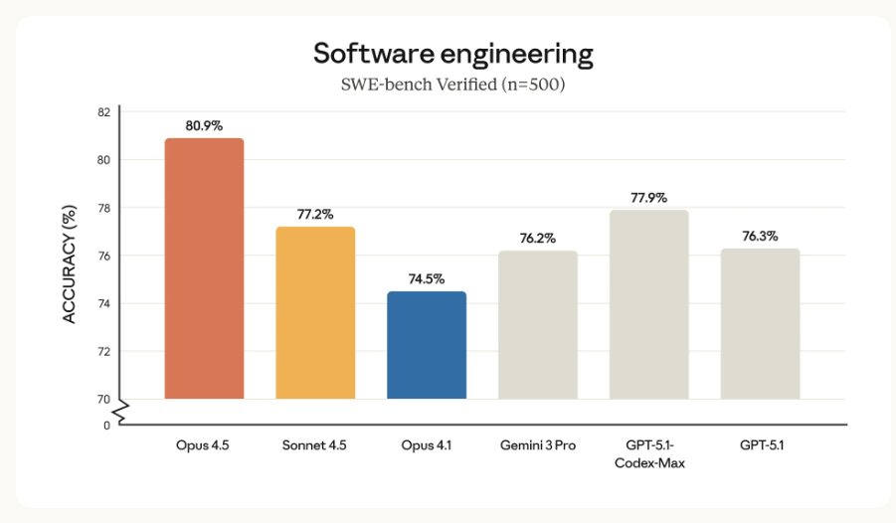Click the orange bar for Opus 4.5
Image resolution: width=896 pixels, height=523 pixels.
coord(204,268)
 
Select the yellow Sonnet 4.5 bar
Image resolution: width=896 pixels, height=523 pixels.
coord(315,312)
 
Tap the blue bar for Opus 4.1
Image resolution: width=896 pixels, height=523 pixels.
coord(427,345)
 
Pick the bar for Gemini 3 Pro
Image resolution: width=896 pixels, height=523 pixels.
coord(538,324)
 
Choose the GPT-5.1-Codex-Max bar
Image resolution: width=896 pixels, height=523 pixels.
coord(648,304)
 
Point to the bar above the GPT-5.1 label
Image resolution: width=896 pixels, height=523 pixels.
coord(760,323)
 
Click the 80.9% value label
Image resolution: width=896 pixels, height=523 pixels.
coord(204,126)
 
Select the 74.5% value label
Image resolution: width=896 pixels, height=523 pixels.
coord(427,279)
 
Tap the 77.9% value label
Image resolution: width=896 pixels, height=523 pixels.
coord(648,198)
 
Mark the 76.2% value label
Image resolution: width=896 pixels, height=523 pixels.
coord(538,239)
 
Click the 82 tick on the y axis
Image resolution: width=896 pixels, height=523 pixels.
coord(103,111)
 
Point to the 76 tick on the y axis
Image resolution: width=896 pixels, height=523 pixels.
coord(103,256)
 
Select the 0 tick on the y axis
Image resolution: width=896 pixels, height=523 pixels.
coord(106,426)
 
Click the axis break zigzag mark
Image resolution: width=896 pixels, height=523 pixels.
coord(119,411)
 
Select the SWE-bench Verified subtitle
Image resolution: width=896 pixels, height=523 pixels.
coord(453,85)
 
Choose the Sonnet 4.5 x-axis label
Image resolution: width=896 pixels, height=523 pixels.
coord(315,444)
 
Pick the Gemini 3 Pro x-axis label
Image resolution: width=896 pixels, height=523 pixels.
coord(538,444)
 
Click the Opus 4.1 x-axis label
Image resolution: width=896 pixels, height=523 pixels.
coord(427,444)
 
